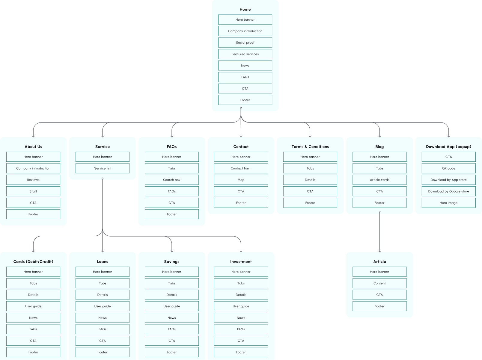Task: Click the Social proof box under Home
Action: pos(245,43)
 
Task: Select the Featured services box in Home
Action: pos(245,54)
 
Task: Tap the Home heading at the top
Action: pos(245,10)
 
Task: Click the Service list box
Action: pos(103,168)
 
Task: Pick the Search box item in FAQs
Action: pos(172,180)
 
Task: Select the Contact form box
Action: pos(241,168)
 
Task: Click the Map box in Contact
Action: pos(241,180)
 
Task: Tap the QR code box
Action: pos(448,168)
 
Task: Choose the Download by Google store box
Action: pos(448,191)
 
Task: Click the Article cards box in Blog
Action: pos(379,180)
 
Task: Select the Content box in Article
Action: pos(379,283)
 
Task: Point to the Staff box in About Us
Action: pos(33,191)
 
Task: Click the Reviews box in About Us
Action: pos(33,180)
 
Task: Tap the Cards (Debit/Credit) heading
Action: pos(33,262)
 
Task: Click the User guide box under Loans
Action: pos(103,306)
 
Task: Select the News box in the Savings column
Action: pos(172,318)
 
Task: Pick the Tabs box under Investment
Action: pos(241,283)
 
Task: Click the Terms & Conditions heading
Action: pos(310,147)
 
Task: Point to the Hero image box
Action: pos(448,203)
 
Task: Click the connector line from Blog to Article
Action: pos(379,234)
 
